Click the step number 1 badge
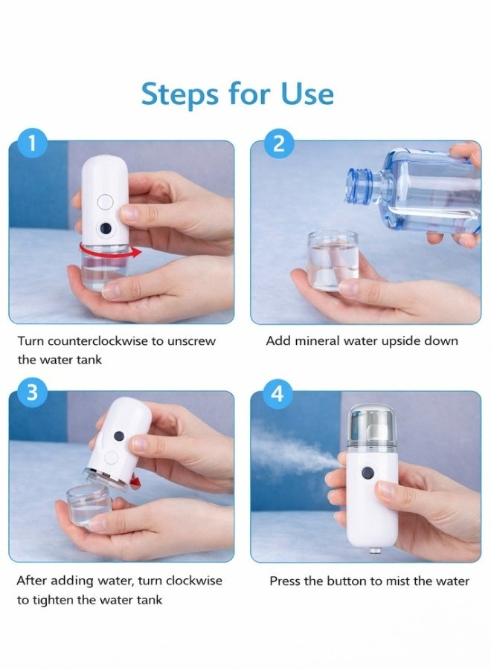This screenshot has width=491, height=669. click(32, 143)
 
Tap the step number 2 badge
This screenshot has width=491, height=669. click(278, 143)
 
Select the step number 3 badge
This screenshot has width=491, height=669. click(32, 392)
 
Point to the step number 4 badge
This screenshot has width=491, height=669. click(277, 393)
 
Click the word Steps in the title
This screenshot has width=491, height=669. click(180, 94)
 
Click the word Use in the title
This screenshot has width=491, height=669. click(307, 94)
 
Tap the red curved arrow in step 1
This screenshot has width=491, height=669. click(111, 253)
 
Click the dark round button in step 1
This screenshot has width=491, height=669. click(106, 229)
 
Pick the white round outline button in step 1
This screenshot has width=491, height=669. click(105, 202)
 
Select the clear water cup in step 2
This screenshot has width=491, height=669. click(333, 261)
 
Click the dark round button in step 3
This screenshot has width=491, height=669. click(119, 436)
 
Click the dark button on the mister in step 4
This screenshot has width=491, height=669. click(368, 473)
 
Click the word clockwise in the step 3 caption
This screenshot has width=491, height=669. click(194, 581)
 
